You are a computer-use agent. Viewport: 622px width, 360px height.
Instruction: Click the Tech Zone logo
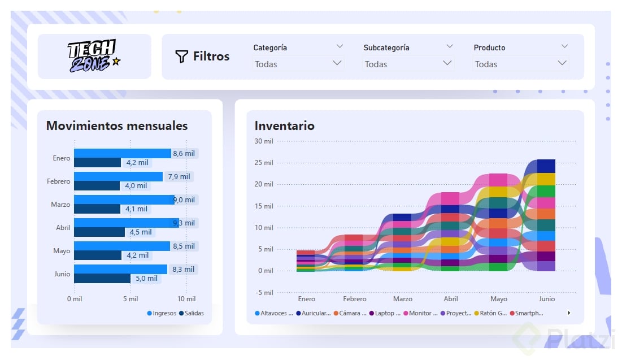tap(94, 57)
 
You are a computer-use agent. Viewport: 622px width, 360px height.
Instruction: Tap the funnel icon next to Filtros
tap(181, 57)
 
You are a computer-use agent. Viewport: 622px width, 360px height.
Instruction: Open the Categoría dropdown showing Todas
tap(298, 64)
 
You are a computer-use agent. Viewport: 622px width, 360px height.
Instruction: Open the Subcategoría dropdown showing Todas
tap(408, 64)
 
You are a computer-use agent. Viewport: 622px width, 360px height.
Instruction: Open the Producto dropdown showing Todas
tap(520, 64)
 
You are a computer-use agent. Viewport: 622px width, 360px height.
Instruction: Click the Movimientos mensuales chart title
tap(117, 125)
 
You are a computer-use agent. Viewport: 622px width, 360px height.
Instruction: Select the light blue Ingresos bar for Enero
tap(122, 154)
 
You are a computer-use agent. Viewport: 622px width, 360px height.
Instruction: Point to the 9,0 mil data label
tap(184, 200)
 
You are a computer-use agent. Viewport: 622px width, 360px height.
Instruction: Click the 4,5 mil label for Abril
tap(141, 232)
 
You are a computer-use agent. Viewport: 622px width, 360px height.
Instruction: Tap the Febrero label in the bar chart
tap(59, 181)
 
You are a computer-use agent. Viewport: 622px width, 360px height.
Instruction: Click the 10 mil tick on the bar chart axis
tap(186, 299)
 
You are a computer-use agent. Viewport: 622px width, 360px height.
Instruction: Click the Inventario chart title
tap(284, 125)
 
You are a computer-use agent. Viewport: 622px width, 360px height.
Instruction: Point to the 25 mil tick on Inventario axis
tap(263, 163)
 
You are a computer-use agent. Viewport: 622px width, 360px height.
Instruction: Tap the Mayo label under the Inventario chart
tap(498, 299)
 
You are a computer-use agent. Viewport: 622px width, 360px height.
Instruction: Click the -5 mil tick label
tap(263, 293)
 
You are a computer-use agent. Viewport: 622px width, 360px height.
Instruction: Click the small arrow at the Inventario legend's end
tap(569, 313)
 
